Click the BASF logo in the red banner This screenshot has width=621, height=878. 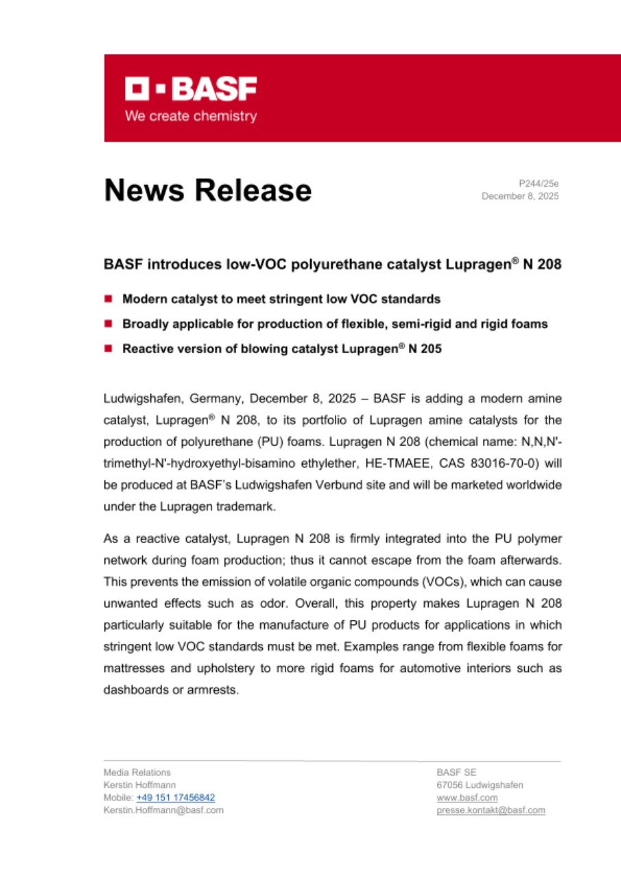point(191,89)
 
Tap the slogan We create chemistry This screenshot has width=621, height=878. point(191,116)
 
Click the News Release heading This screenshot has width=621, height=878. point(207,190)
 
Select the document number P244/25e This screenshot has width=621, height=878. point(539,183)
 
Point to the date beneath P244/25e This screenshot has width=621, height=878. point(519,196)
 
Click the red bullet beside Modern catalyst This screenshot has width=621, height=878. point(108,299)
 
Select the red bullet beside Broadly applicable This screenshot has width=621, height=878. point(108,324)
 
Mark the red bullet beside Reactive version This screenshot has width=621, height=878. point(108,348)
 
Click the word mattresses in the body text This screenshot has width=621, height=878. point(132,669)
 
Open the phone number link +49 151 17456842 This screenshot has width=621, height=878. point(176,798)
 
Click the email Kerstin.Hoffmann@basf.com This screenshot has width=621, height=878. point(163,810)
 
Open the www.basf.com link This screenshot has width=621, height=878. point(467,798)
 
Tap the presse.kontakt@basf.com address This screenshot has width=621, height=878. point(491,810)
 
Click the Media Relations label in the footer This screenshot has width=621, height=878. point(137,772)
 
